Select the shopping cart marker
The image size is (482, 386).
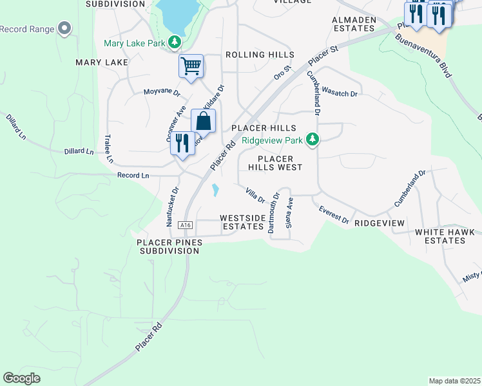tap(191, 66)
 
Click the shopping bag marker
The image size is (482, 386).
tap(203, 122)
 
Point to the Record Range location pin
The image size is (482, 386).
tap(64, 29)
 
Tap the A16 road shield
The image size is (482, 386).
tap(186, 225)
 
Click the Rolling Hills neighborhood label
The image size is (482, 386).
tap(260, 55)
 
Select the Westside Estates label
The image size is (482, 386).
tap(243, 223)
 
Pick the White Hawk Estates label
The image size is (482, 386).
tap(440, 236)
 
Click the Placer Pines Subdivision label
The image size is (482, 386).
tap(169, 246)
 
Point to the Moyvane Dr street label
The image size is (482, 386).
tap(160, 91)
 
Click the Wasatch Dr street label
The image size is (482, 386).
tap(339, 93)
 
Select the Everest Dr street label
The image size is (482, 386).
tap(334, 216)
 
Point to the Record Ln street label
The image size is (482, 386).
tap(133, 175)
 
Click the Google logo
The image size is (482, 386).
tap(21, 378)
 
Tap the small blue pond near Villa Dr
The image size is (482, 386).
tap(215, 190)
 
